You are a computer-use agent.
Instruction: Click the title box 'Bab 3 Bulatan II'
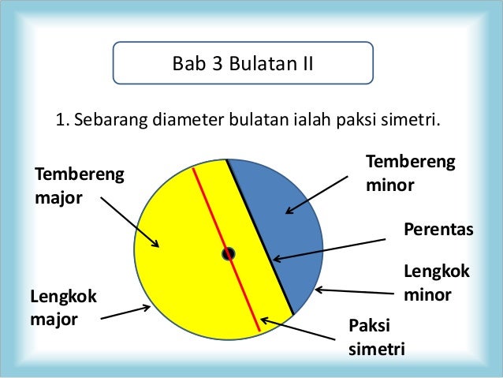point(243,63)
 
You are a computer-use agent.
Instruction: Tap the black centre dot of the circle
point(228,254)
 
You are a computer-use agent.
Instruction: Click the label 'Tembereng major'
point(80,184)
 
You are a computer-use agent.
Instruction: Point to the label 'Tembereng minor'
point(410,173)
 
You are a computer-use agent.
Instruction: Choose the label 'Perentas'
point(438,229)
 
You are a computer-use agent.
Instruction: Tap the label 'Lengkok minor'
point(436,283)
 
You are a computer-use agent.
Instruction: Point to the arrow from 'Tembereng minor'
point(316,194)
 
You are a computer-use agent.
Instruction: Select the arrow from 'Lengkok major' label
point(126,313)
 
